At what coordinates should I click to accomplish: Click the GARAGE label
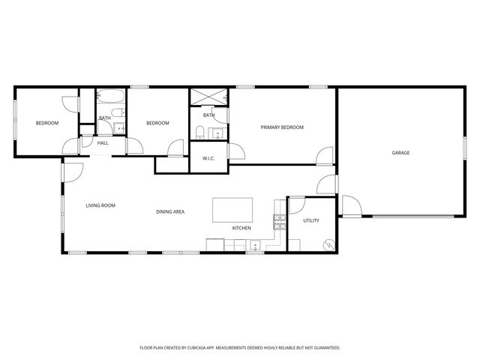400,153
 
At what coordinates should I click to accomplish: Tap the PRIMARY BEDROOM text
282,127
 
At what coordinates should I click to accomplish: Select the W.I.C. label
209,158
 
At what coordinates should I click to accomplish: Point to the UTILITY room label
311,220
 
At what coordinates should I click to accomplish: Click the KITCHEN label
241,228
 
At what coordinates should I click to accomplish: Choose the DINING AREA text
170,211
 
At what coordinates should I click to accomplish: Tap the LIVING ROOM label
100,205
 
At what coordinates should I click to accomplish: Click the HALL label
103,142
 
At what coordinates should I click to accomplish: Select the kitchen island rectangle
232,209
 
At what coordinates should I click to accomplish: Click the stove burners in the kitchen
280,220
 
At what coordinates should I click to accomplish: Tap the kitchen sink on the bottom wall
256,244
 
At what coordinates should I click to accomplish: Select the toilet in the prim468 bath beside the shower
199,133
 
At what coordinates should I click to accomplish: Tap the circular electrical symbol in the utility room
328,244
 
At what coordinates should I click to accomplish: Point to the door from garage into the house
350,205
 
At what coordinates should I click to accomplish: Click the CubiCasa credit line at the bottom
240,348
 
